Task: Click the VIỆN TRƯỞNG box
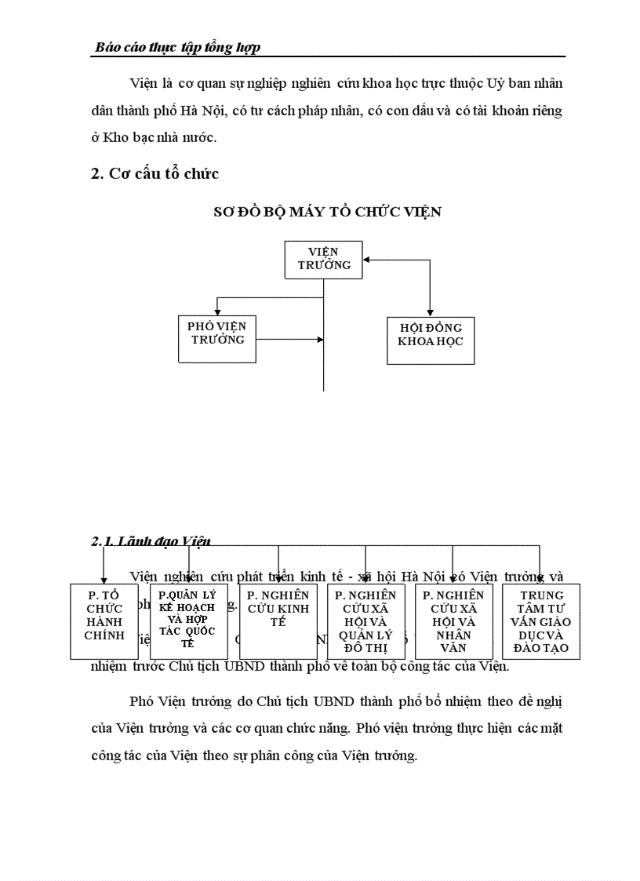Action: [x=323, y=259]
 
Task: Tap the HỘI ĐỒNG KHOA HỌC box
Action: [x=430, y=340]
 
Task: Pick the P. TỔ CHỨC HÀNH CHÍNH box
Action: [x=105, y=621]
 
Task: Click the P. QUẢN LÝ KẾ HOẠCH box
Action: [x=188, y=621]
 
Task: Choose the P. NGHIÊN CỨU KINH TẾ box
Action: [x=278, y=621]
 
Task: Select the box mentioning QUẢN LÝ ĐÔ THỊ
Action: [x=365, y=621]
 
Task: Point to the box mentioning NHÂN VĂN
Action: [x=453, y=621]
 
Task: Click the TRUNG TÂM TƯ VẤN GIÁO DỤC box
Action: [x=540, y=621]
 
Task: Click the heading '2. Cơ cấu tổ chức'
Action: [x=155, y=174]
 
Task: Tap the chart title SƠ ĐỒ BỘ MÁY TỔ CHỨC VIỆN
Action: [x=327, y=212]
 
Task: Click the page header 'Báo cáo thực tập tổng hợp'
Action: [x=177, y=48]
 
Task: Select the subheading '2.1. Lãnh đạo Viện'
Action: [x=151, y=541]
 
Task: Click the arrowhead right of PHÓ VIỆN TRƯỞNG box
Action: [x=319, y=340]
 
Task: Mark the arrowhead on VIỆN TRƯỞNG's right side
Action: [x=367, y=260]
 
